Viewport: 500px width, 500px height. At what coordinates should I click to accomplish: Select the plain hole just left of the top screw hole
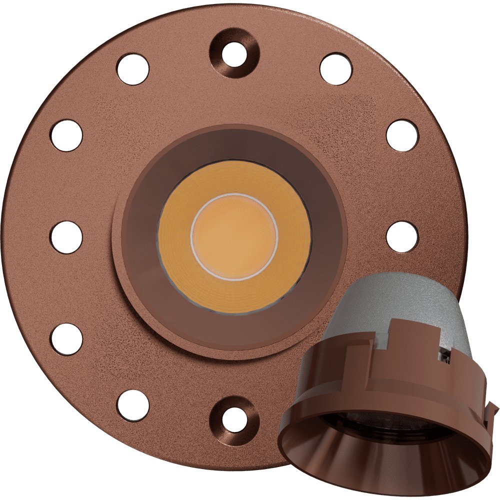coord(132,69)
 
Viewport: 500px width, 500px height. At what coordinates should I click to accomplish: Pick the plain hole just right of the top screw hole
coord(335,69)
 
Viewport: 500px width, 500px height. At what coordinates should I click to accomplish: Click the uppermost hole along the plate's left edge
coord(66,135)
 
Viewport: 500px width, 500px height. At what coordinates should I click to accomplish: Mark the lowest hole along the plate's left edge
coord(66,339)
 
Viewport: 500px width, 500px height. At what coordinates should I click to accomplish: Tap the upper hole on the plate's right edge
coord(402,135)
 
